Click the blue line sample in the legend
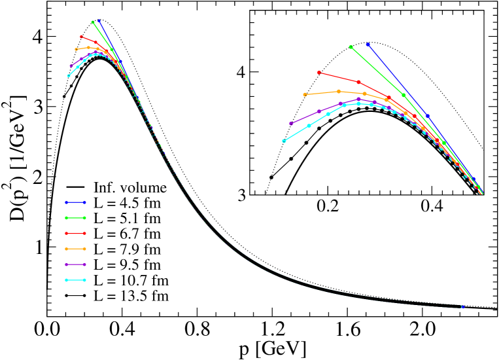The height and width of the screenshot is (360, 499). (75, 202)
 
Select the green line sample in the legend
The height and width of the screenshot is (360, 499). (75, 218)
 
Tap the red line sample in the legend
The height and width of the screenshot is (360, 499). (75, 233)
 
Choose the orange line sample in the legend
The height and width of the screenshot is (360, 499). (75, 249)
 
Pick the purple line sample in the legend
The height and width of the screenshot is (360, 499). (75, 264)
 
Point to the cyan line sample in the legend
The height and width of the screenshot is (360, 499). (75, 280)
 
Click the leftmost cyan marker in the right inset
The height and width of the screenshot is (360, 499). (284, 141)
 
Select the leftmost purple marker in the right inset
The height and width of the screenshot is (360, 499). (291, 123)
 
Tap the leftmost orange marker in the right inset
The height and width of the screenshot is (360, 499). (305, 94)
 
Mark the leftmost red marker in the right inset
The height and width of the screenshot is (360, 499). (319, 73)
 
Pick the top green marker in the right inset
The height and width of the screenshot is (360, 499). (351, 47)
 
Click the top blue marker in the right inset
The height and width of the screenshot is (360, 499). (368, 45)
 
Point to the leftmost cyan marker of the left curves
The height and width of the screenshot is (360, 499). (69, 75)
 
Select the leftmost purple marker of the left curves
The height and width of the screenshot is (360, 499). (71, 65)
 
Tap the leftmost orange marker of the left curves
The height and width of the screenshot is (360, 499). (77, 49)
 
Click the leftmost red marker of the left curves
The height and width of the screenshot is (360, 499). (82, 37)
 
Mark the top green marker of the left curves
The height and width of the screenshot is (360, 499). (93, 22)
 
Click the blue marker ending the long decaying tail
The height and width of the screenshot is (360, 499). (462, 306)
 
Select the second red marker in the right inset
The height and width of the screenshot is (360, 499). (358, 82)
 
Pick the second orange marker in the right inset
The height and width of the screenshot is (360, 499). (338, 91)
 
